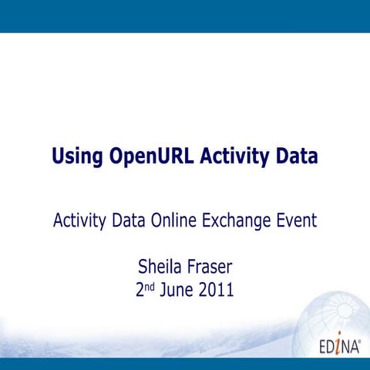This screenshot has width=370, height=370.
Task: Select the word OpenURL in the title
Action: (152, 157)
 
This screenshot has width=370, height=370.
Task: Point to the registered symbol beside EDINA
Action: (359, 337)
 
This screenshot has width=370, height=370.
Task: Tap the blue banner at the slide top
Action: (185, 15)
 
